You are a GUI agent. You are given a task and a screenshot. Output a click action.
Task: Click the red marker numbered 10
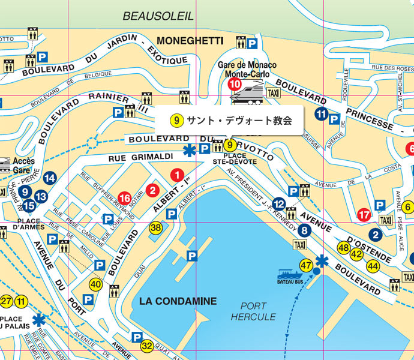(x=235, y=84)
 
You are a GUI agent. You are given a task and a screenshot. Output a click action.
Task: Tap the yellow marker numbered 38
(x=156, y=227)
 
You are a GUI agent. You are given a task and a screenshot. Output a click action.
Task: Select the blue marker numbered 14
(x=50, y=178)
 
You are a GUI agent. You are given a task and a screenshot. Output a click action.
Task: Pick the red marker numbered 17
(x=364, y=214)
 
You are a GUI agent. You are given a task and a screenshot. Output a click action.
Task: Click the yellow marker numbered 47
(x=307, y=265)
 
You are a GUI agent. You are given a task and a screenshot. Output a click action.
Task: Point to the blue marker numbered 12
(x=279, y=203)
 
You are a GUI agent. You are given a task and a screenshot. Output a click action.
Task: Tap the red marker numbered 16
(x=125, y=197)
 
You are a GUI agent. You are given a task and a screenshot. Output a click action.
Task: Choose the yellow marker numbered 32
(x=147, y=346)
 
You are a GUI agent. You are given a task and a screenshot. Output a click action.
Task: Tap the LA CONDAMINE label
(x=170, y=301)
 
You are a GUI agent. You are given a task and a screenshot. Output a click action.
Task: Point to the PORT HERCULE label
(x=253, y=311)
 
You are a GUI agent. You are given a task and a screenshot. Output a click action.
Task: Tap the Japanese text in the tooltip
(x=239, y=121)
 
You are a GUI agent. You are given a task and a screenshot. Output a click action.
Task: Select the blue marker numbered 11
(x=322, y=114)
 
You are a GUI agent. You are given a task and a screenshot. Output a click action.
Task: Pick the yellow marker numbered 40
(x=95, y=284)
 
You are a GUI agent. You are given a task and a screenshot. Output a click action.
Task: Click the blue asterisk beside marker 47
(x=322, y=261)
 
